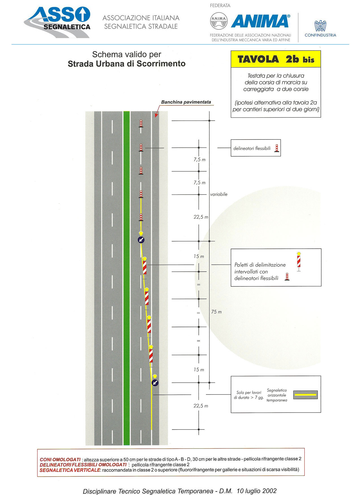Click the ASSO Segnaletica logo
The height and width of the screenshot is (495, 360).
pos(57,22)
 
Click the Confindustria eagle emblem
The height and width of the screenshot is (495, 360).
pos(320,26)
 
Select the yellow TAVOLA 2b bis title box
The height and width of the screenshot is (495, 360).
pos(276,59)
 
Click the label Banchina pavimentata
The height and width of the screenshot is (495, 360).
pos(186,102)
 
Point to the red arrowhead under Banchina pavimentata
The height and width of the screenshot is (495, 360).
pos(156,115)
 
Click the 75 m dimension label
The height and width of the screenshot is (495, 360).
pos(217,312)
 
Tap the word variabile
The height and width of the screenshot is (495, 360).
pos(219,194)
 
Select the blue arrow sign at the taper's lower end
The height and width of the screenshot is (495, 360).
pos(155,383)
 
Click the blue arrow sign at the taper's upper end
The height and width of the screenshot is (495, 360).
pos(141,240)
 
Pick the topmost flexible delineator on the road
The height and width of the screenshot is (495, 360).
pos(141,124)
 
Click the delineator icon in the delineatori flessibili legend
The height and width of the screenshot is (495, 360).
pos(277,148)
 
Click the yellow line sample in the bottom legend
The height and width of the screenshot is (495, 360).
pos(306,395)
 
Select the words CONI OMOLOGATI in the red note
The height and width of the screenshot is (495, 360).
pos(60,460)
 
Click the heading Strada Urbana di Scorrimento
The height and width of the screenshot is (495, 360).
pos(126,64)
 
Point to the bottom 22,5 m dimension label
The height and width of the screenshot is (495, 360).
pos(201,406)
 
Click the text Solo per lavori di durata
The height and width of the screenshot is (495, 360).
pos(248,395)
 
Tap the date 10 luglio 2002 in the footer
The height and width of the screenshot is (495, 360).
pos(257,491)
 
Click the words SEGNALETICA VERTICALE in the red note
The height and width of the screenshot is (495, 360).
pos(70,470)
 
